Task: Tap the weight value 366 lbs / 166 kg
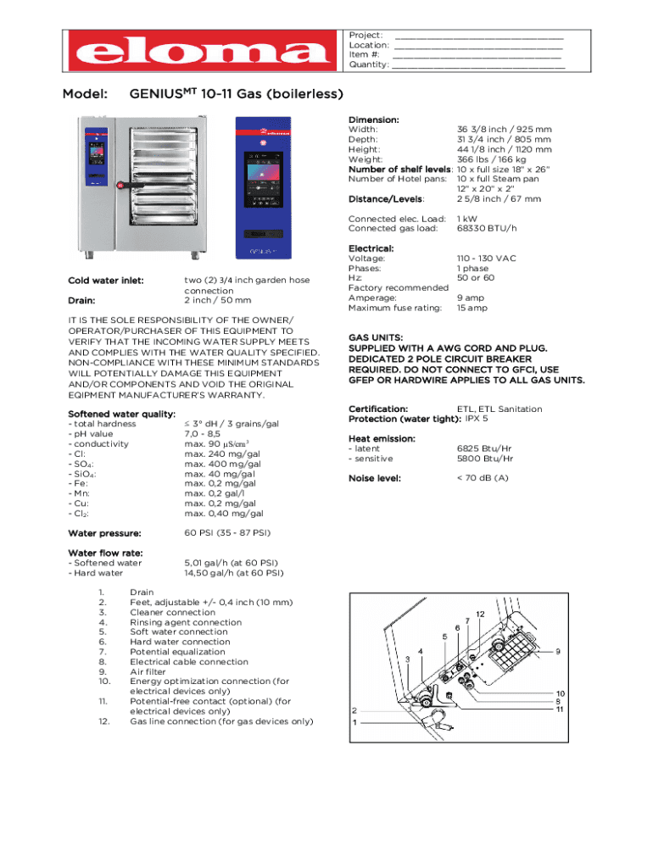click(491, 159)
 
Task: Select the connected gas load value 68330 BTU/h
click(487, 229)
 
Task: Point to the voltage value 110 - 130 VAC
click(487, 258)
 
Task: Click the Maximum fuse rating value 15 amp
click(472, 308)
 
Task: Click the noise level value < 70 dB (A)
click(483, 478)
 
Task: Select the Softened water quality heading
click(121, 414)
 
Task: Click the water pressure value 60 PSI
click(227, 533)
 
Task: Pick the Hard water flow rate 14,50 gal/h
click(234, 573)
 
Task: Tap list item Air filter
click(148, 672)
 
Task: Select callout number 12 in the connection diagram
click(480, 613)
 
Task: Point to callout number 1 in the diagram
click(354, 723)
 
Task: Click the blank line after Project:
click(479, 35)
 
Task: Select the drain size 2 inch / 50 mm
click(218, 301)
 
